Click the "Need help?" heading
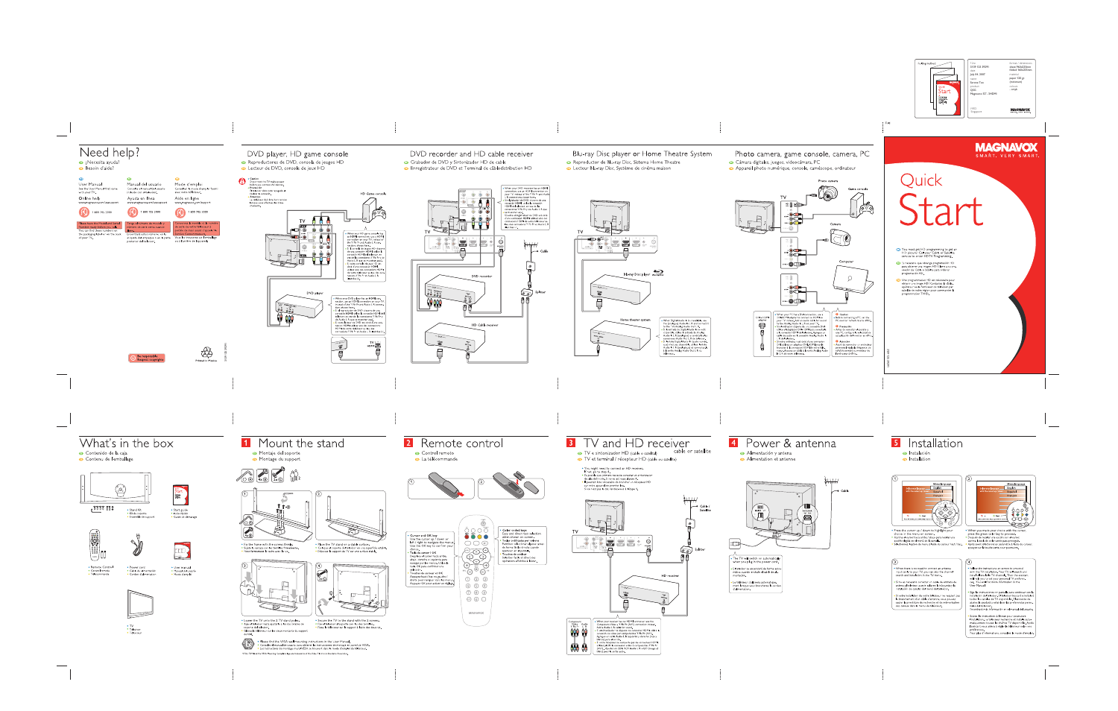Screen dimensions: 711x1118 tap(110, 152)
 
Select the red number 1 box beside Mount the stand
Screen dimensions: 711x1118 tap(246, 443)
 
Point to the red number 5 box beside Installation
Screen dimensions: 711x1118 tap(896, 443)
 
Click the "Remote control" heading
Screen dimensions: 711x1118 tap(461, 443)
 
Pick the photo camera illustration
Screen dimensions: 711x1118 tap(827, 193)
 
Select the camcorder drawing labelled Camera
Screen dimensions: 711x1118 tap(840, 238)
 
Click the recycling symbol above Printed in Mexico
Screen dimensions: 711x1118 tap(206, 352)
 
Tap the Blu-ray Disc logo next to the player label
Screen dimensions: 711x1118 tap(658, 274)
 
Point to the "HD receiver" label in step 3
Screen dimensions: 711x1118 tap(670, 575)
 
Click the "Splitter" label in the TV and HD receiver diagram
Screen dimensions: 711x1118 tap(700, 549)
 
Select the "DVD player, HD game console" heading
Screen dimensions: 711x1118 tap(297, 154)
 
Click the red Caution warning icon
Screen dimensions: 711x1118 tap(242, 181)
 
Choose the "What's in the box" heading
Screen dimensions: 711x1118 tap(126, 443)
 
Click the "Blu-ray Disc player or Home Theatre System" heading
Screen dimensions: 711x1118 tap(642, 154)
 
